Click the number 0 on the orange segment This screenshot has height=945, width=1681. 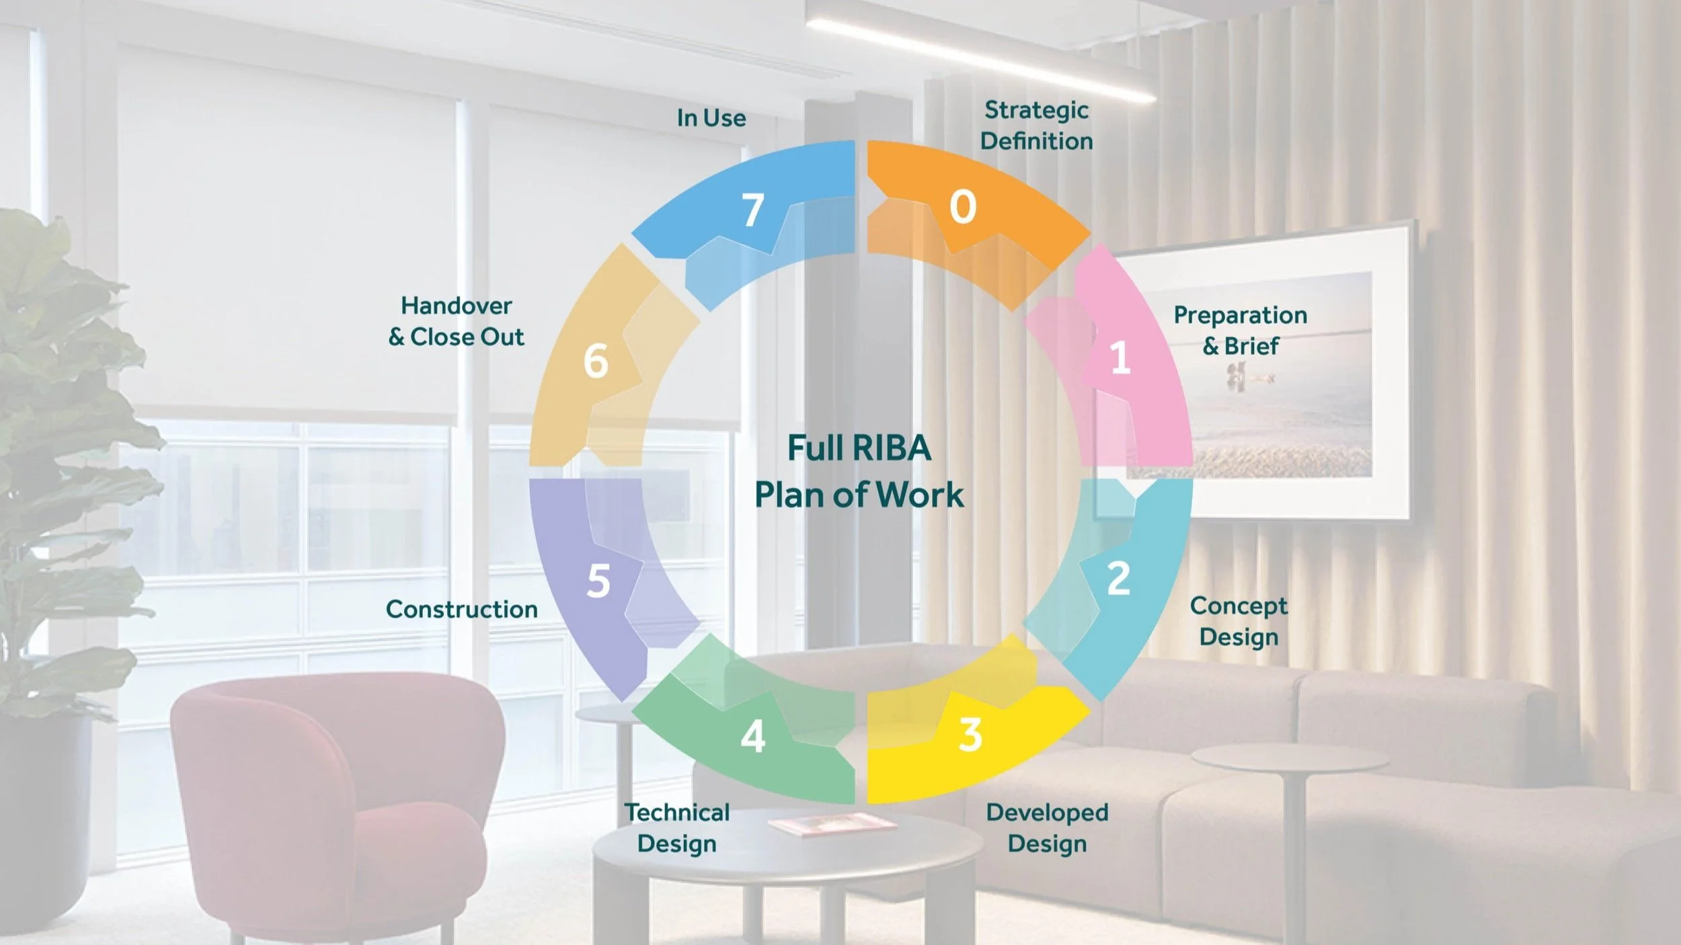(x=962, y=206)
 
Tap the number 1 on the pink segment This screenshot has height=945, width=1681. (x=1120, y=358)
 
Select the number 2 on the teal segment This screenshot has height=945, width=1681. (x=1118, y=578)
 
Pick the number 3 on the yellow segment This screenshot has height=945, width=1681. (x=970, y=735)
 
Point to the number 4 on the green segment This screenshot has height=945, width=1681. (x=752, y=737)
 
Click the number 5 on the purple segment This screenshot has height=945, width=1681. (x=598, y=581)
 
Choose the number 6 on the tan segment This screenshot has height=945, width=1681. (x=596, y=361)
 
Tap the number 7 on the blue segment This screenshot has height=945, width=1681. (x=752, y=210)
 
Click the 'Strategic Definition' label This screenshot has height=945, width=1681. (x=1036, y=126)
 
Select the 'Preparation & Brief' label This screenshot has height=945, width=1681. (x=1240, y=330)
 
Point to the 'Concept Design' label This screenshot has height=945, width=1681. (x=1239, y=621)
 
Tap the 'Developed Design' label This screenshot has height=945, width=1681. (x=1047, y=827)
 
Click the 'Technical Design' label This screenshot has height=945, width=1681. (x=676, y=827)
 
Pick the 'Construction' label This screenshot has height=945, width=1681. (x=461, y=609)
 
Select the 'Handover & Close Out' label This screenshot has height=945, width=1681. (x=456, y=321)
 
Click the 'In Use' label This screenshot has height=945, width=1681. (x=711, y=118)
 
